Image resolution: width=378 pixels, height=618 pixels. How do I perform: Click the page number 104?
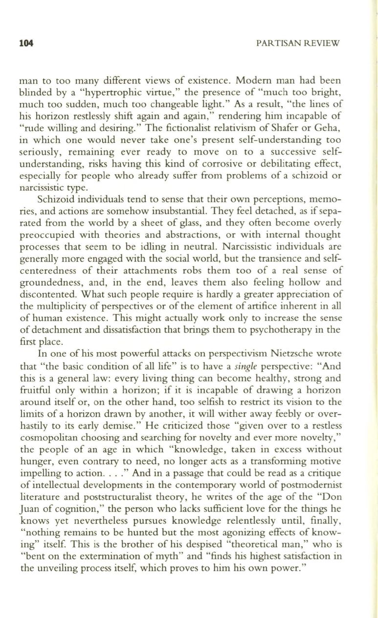(26, 43)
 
